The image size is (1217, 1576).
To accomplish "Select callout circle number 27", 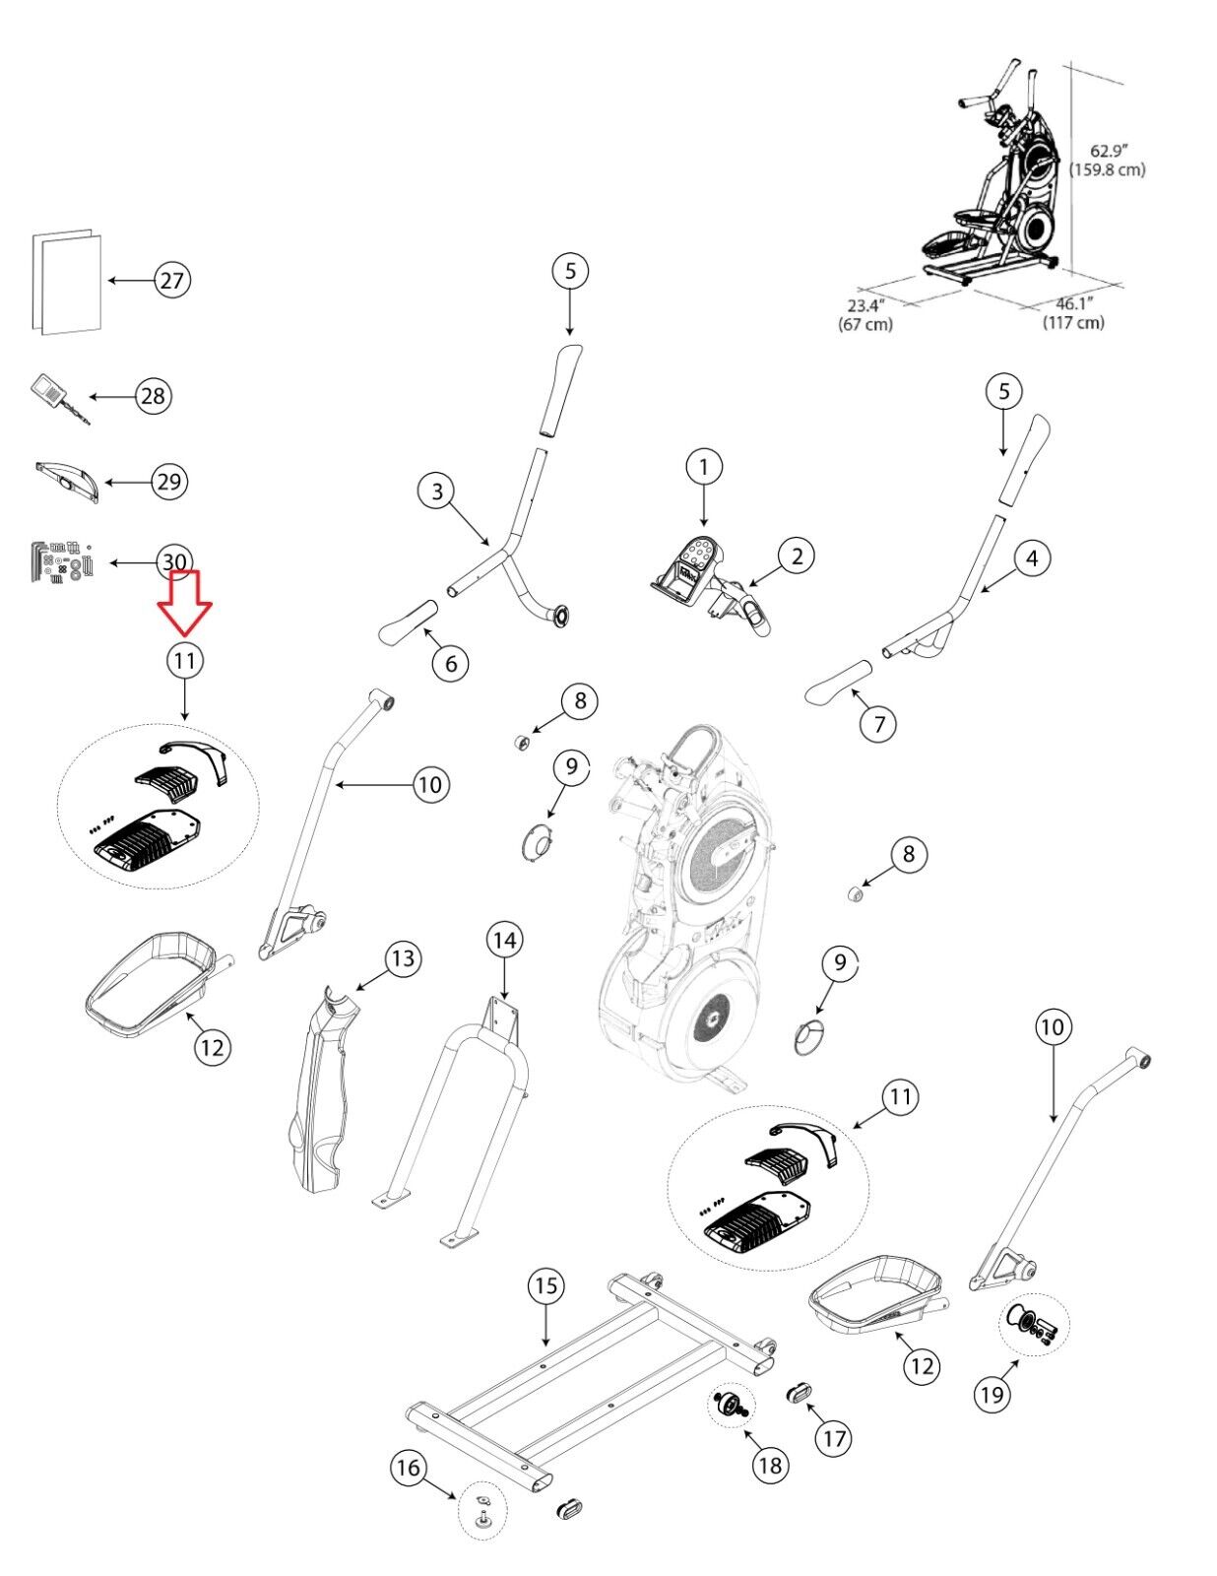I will click(172, 281).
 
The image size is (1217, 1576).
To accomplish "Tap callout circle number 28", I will click(153, 396).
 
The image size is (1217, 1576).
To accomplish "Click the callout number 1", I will click(703, 467).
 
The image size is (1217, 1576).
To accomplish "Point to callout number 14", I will click(504, 941).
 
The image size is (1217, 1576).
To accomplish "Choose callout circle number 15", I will click(546, 1285).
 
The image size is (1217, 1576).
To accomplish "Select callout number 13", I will click(403, 957).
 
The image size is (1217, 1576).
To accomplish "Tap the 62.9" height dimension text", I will click(1107, 160).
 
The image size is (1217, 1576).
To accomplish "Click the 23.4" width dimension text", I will click(865, 313).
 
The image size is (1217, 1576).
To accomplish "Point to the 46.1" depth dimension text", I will click(1074, 312).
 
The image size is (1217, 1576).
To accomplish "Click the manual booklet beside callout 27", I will click(67, 283).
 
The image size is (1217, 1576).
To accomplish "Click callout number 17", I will click(833, 1438).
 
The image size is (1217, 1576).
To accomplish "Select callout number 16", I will click(408, 1469).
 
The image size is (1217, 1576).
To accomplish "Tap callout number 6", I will click(451, 664).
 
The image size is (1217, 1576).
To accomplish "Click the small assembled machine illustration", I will click(994, 177).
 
